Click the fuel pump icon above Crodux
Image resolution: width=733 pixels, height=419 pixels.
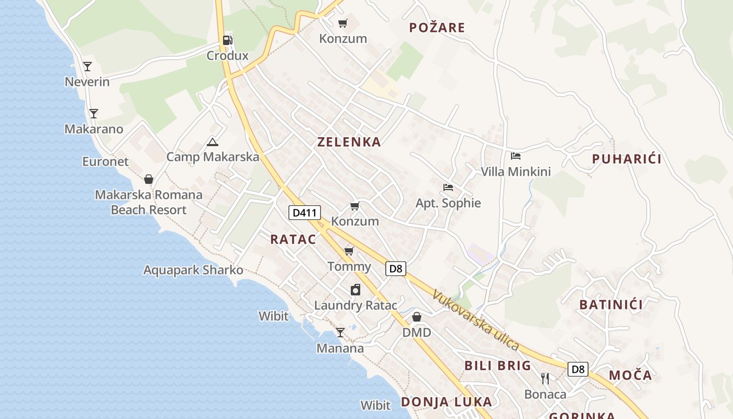click(x=227, y=40)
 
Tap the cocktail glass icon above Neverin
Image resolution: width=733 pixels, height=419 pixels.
click(x=87, y=67)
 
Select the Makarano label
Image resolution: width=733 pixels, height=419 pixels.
click(x=94, y=129)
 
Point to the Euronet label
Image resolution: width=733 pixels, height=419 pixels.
click(x=105, y=161)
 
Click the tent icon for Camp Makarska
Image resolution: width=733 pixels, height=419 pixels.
click(x=212, y=142)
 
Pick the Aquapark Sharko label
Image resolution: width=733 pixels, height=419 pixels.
click(x=193, y=270)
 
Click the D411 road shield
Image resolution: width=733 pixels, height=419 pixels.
click(x=304, y=213)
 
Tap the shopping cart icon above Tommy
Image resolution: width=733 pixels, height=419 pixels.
click(x=349, y=251)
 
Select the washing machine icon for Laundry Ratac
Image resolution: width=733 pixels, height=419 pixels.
click(x=356, y=290)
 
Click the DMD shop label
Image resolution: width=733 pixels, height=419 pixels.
click(x=417, y=333)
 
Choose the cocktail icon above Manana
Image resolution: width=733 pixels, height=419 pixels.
click(x=340, y=333)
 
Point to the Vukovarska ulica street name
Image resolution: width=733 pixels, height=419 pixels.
click(x=475, y=320)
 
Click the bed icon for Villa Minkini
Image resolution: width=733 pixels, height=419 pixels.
click(x=516, y=156)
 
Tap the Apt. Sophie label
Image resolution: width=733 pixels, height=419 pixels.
click(x=448, y=203)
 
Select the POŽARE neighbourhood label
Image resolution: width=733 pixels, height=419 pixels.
click(x=437, y=28)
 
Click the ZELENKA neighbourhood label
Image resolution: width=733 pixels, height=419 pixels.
click(x=349, y=142)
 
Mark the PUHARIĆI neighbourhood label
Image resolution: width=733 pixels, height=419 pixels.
click(x=627, y=159)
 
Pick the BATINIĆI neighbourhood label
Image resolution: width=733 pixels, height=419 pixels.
click(x=611, y=304)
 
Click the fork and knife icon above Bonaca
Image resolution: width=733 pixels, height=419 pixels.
click(x=545, y=379)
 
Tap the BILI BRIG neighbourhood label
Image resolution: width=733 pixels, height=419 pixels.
click(x=498, y=366)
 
